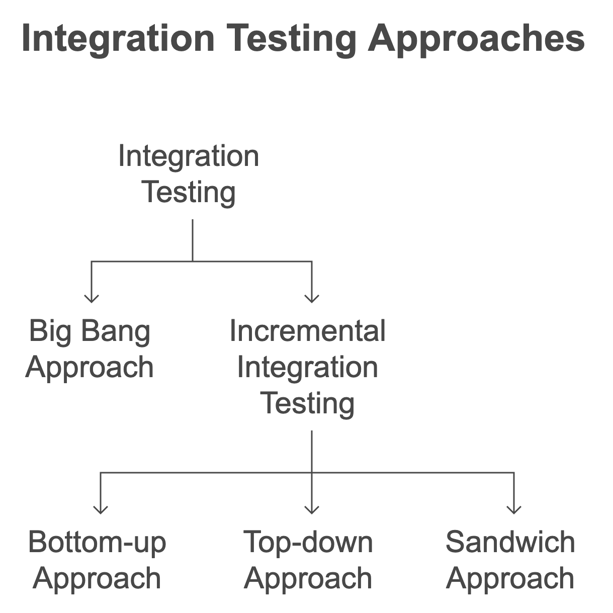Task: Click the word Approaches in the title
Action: [x=476, y=39]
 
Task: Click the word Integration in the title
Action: [x=118, y=39]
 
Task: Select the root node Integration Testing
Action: [x=189, y=174]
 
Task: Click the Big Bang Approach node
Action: [x=90, y=348]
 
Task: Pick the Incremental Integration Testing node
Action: [x=307, y=367]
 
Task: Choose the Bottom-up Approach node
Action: [x=97, y=560]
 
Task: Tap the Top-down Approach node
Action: [x=308, y=560]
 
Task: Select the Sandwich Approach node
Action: [x=510, y=560]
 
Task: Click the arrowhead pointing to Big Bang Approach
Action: [x=92, y=299]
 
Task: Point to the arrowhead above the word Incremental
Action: [x=312, y=299]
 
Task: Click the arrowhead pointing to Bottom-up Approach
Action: [x=101, y=510]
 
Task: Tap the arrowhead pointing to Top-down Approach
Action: [x=312, y=510]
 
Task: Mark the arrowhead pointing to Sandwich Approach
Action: [x=513, y=510]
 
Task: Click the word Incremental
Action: [x=307, y=331]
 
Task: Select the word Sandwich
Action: [x=510, y=542]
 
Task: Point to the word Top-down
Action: [x=308, y=542]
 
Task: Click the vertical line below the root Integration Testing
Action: [x=193, y=240]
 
